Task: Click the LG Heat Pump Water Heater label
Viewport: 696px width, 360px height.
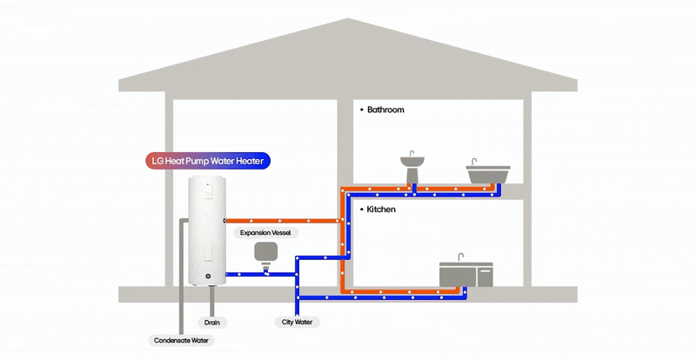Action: pyautogui.click(x=207, y=160)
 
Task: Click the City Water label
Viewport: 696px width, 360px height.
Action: pyautogui.click(x=298, y=323)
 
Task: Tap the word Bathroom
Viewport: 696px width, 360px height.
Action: pyautogui.click(x=385, y=110)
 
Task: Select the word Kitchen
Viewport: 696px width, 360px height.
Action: pyautogui.click(x=381, y=210)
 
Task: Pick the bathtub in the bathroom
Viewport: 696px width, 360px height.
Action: pyautogui.click(x=486, y=175)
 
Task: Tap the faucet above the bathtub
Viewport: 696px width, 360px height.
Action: pyautogui.click(x=474, y=163)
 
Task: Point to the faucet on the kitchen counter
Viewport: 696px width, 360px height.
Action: pyautogui.click(x=460, y=257)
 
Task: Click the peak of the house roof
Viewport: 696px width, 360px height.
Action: pyautogui.click(x=348, y=19)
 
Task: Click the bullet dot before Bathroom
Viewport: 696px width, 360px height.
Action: pyautogui.click(x=360, y=110)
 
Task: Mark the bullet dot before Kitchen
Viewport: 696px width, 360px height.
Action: pyautogui.click(x=360, y=210)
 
